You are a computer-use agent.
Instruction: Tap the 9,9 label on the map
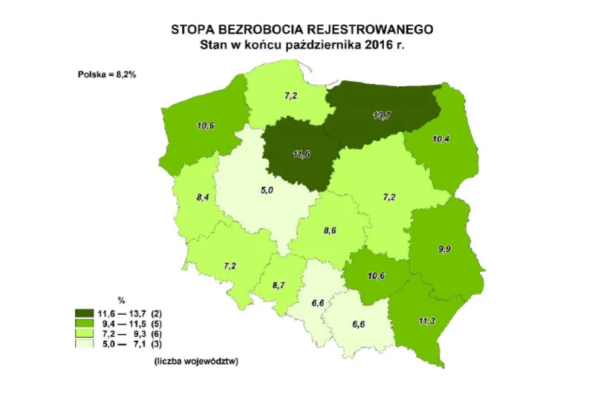point(445,249)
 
